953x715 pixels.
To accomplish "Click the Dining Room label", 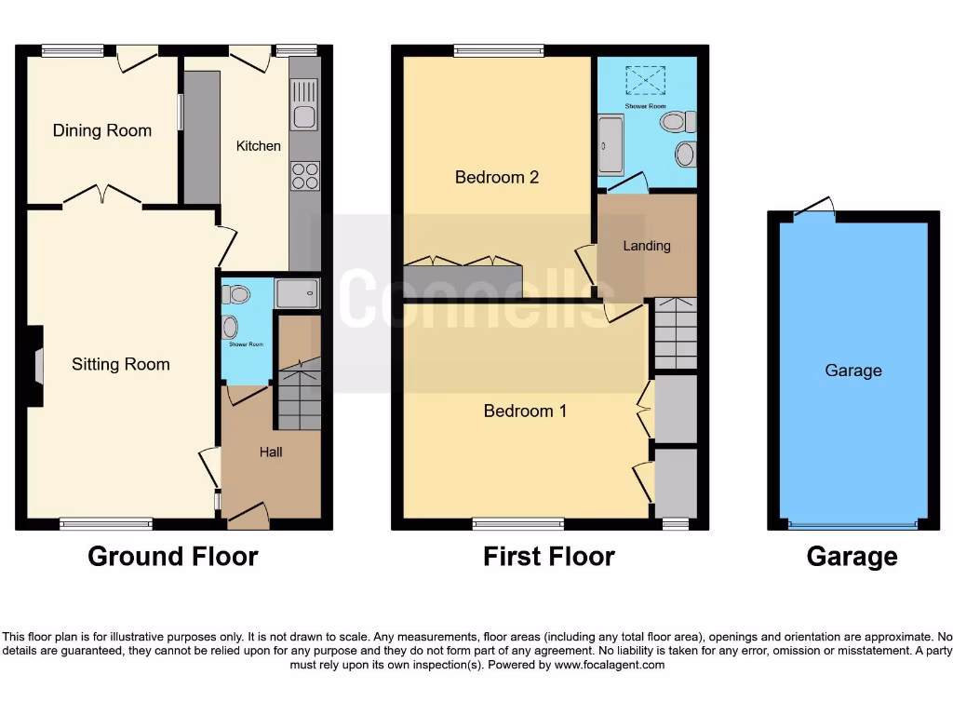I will click(x=101, y=130).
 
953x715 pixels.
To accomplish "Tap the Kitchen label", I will click(x=258, y=145).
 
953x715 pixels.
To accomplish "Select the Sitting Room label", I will click(x=121, y=364).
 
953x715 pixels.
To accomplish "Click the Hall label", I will click(x=271, y=452).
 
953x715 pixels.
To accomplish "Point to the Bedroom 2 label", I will click(x=497, y=177).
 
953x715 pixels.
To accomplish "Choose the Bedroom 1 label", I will click(x=525, y=411).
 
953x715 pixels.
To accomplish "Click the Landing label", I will click(x=646, y=246).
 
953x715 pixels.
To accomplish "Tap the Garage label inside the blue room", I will click(x=852, y=371).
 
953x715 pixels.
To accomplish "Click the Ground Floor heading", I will click(x=172, y=557).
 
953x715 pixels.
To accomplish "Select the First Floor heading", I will click(x=549, y=557).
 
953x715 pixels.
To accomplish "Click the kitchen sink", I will click(x=304, y=104).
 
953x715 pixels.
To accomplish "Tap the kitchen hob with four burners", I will click(x=305, y=175).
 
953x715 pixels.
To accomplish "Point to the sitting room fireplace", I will click(x=36, y=365).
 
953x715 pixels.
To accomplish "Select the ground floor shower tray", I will click(x=298, y=294).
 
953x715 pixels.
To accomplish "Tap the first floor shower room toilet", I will click(x=686, y=121).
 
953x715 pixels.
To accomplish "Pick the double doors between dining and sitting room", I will click(x=103, y=196).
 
